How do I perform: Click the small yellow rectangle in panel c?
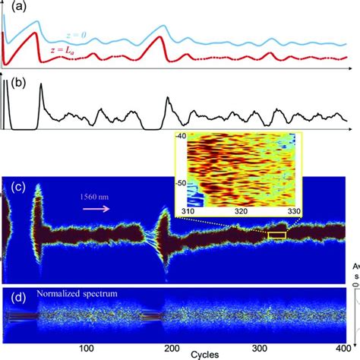coord(277,235)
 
